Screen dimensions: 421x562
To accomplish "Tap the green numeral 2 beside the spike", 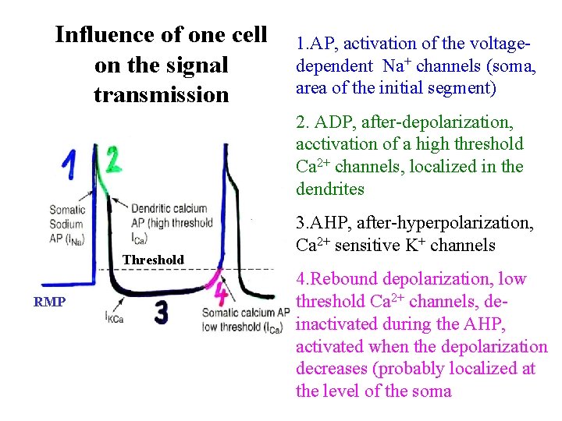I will (x=113, y=160).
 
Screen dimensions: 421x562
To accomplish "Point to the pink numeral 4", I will (x=221, y=295).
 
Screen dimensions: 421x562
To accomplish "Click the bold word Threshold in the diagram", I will (x=153, y=260).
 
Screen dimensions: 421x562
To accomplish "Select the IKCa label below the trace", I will (x=115, y=316).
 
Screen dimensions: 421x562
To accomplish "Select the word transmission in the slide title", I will (x=161, y=94).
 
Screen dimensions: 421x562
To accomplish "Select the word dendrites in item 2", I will (x=331, y=189).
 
